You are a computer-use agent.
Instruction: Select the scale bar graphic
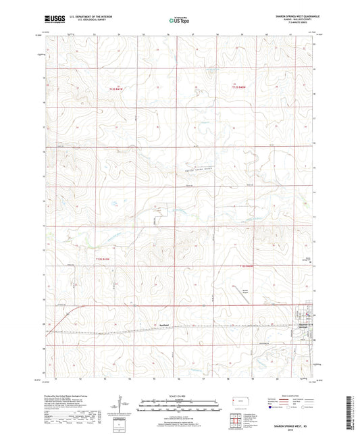click(x=179, y=405)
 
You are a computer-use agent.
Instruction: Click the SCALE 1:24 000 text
click(x=179, y=395)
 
